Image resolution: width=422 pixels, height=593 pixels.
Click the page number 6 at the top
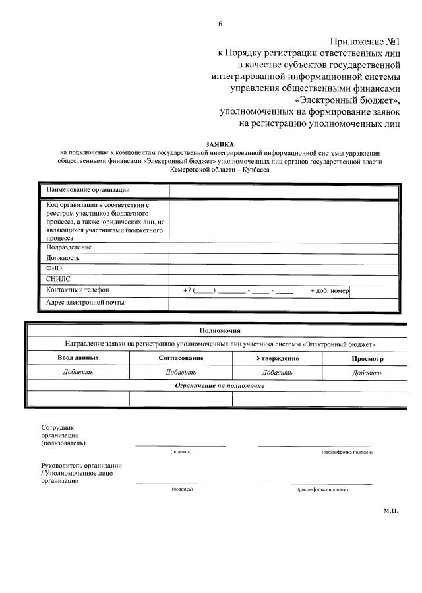point(220,24)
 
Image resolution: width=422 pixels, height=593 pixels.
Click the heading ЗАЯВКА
point(220,143)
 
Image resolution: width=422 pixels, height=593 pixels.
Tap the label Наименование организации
point(88,190)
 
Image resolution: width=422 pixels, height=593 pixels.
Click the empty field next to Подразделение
point(284,247)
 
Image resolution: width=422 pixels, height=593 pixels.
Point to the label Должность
point(63,258)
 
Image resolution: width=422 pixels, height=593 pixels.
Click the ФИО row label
point(54,268)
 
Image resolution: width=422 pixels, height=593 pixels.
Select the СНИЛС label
point(58,279)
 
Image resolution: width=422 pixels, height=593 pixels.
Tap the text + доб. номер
point(329,290)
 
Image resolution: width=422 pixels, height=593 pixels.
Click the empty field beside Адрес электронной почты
point(284,303)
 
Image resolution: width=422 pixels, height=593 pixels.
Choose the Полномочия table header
point(220,330)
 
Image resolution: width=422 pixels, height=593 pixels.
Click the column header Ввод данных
point(78,358)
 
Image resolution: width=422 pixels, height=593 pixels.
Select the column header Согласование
point(181,358)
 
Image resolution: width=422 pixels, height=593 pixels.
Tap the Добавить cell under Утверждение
point(277,372)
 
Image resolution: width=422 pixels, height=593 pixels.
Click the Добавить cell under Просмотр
point(367,372)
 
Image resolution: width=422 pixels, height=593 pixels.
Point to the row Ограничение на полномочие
point(220,385)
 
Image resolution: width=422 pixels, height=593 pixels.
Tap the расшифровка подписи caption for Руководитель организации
point(322,490)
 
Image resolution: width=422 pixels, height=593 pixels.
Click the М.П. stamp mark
point(390,510)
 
